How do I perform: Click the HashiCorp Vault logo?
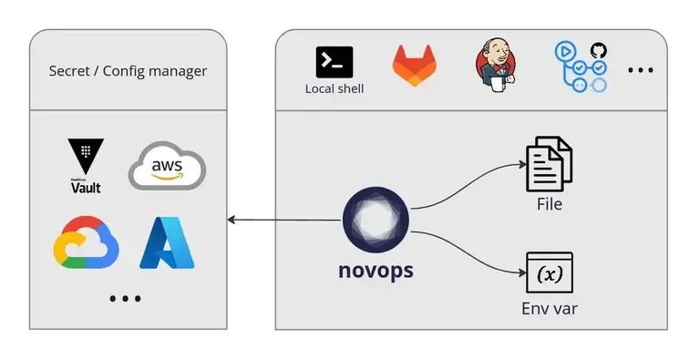click(86, 165)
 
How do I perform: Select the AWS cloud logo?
click(167, 166)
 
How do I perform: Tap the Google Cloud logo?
click(87, 243)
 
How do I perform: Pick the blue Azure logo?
click(167, 243)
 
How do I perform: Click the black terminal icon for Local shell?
click(334, 61)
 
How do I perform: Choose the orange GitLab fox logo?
click(413, 66)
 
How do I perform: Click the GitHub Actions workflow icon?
click(581, 67)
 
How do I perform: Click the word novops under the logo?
click(376, 272)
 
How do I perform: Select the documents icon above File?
click(550, 165)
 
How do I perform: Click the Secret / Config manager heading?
click(128, 70)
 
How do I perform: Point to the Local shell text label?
click(334, 88)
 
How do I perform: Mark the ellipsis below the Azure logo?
click(125, 298)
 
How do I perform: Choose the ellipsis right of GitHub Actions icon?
click(641, 70)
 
